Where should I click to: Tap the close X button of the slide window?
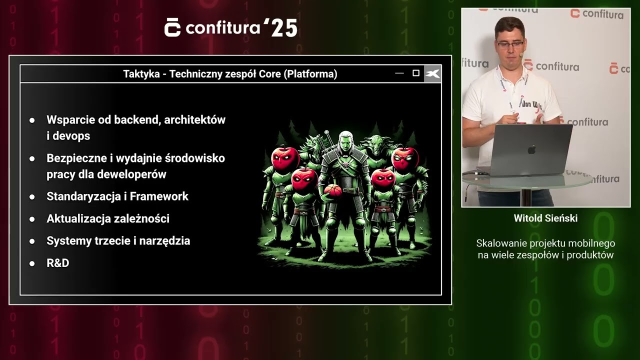(432, 74)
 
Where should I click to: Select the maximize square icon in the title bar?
(415, 73)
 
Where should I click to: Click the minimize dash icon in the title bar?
(399, 73)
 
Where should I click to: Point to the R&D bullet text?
(57, 263)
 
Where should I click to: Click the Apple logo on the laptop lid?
(531, 149)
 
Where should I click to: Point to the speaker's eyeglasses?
(510, 44)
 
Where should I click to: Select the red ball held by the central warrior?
(332, 190)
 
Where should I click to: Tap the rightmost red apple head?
(404, 158)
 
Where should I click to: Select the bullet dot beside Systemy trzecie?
(32, 241)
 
